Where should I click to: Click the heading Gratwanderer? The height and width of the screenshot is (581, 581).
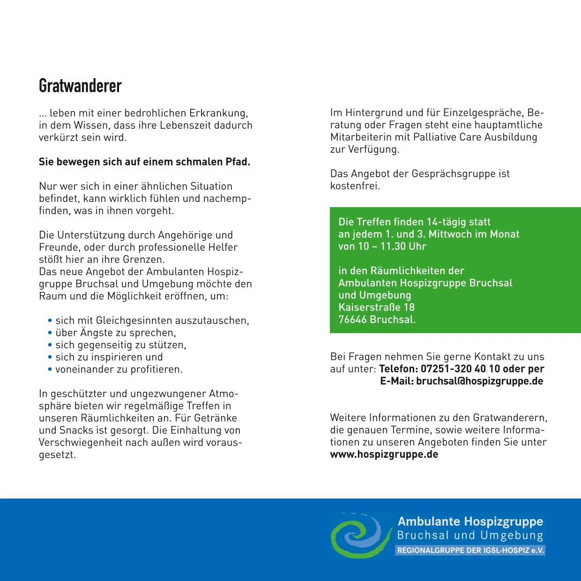point(80,86)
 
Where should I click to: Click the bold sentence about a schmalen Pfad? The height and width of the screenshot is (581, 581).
point(144,162)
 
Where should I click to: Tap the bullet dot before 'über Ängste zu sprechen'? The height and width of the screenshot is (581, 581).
point(50,333)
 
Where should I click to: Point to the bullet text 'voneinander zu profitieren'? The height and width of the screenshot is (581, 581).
point(119,369)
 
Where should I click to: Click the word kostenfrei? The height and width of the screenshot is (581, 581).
point(355,186)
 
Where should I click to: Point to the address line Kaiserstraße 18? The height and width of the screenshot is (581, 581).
point(376,307)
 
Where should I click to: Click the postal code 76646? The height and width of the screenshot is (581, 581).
point(352,320)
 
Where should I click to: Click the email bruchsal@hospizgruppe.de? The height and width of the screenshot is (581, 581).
point(479,381)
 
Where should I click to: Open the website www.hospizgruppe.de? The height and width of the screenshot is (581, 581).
point(384,454)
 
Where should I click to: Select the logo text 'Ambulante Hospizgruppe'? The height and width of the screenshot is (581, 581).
point(470,521)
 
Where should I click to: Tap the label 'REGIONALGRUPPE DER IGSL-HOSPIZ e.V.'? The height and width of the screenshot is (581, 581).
point(470,551)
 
